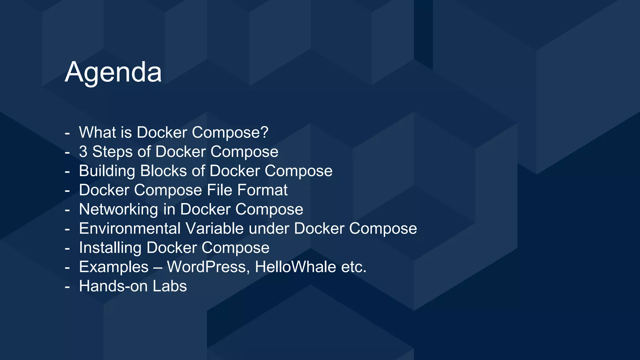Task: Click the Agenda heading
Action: pyautogui.click(x=113, y=72)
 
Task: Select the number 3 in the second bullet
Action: pyautogui.click(x=83, y=152)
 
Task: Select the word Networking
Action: pyautogui.click(x=118, y=209)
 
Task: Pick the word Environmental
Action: pyautogui.click(x=130, y=228)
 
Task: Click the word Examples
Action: pyautogui.click(x=114, y=267)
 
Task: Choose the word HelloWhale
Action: pyautogui.click(x=295, y=267)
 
